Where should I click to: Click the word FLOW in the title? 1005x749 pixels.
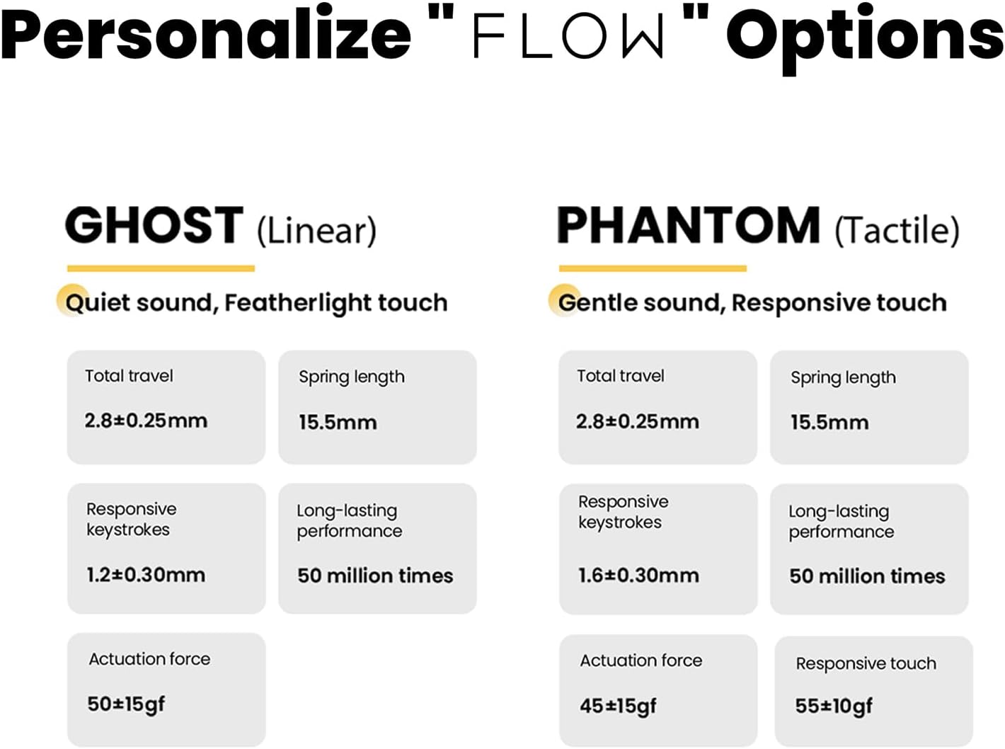pyautogui.click(x=568, y=36)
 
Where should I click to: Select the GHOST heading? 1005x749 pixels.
pyautogui.click(x=154, y=225)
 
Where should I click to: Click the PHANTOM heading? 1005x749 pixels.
pyautogui.click(x=688, y=225)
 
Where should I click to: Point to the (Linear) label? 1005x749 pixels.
pyautogui.click(x=317, y=230)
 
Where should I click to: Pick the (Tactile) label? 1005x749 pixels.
pyautogui.click(x=897, y=230)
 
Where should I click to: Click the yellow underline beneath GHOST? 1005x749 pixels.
pyautogui.click(x=161, y=268)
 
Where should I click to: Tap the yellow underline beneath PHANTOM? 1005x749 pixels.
pyautogui.click(x=653, y=268)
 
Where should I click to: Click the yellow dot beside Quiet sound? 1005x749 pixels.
pyautogui.click(x=72, y=299)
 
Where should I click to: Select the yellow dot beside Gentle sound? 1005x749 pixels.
pyautogui.click(x=563, y=299)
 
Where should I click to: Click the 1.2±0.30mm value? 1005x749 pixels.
pyautogui.click(x=146, y=575)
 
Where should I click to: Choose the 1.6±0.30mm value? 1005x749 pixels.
pyautogui.click(x=638, y=576)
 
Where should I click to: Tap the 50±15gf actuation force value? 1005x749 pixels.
pyautogui.click(x=126, y=704)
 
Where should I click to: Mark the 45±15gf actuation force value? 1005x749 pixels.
pyautogui.click(x=618, y=706)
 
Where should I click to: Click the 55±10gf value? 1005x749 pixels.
pyautogui.click(x=834, y=706)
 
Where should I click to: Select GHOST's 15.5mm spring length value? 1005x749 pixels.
pyautogui.click(x=338, y=423)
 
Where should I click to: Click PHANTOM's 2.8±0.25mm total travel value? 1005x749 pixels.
pyautogui.click(x=638, y=422)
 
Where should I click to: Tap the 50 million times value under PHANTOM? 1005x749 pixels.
pyautogui.click(x=867, y=576)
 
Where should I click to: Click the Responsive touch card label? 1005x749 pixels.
pyautogui.click(x=866, y=664)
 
